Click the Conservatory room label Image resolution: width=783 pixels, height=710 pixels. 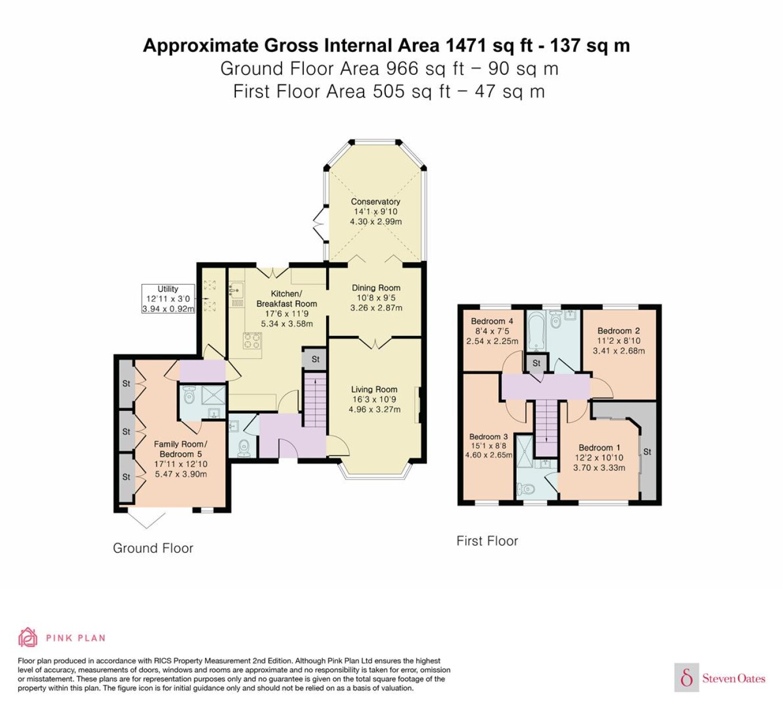(375, 202)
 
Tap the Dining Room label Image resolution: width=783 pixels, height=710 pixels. (376, 288)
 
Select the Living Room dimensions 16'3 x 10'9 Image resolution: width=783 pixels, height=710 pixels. (374, 399)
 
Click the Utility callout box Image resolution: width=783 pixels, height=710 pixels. (168, 299)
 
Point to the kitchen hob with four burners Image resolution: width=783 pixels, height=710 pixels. (252, 340)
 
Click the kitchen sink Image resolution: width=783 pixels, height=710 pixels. (236, 291)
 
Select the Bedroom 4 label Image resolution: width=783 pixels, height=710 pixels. (492, 321)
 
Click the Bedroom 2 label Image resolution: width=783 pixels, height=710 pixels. (619, 331)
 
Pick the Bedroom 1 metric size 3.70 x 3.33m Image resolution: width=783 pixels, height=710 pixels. (599, 467)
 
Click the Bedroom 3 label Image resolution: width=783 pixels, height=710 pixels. (488, 437)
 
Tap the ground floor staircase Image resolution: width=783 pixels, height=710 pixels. (315, 399)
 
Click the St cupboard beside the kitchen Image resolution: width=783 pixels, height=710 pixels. (315, 359)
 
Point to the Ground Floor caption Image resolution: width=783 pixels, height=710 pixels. (153, 548)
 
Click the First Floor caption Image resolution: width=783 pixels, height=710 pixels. (487, 541)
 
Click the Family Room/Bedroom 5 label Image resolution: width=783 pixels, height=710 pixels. (180, 449)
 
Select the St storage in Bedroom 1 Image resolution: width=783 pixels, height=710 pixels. (647, 452)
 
